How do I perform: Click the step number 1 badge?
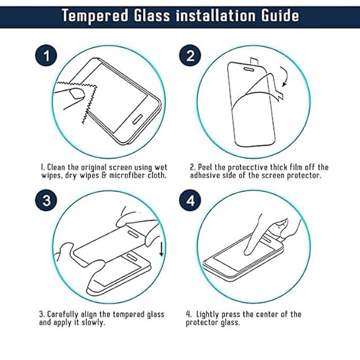click(46, 55)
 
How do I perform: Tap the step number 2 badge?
click(190, 55)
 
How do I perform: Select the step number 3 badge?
click(46, 200)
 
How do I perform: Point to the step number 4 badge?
click(190, 200)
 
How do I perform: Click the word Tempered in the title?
click(95, 16)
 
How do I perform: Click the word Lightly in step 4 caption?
click(208, 314)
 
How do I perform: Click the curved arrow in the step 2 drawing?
click(287, 76)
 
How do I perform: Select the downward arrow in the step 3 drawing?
click(161, 249)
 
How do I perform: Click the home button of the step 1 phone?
click(137, 119)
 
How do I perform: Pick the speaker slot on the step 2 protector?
click(249, 69)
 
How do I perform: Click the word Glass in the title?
click(152, 16)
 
